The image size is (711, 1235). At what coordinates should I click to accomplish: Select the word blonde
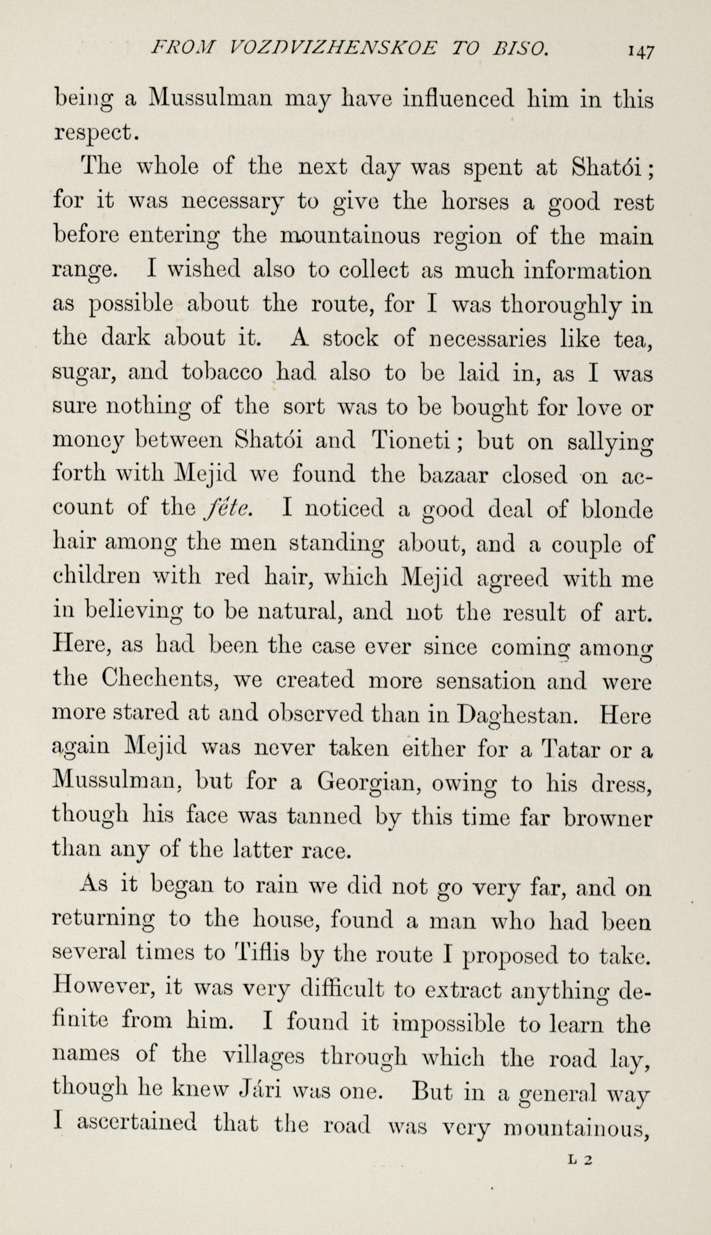(616, 509)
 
